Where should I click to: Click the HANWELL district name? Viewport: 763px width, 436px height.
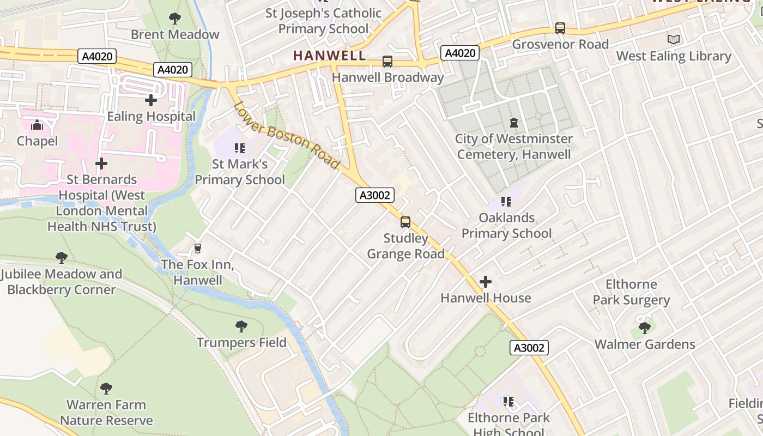[329, 55]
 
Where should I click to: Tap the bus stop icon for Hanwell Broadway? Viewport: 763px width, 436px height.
[387, 62]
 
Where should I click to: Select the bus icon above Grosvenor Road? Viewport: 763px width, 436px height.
[560, 28]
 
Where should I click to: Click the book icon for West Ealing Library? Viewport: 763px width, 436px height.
[674, 40]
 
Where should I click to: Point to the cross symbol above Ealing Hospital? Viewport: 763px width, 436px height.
[151, 100]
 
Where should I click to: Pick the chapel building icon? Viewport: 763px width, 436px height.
[37, 125]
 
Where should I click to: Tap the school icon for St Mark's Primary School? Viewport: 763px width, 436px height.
[239, 148]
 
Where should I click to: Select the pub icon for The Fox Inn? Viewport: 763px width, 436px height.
[198, 249]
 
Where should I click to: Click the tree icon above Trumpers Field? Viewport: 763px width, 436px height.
[241, 326]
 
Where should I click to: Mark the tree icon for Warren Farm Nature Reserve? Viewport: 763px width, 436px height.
[106, 389]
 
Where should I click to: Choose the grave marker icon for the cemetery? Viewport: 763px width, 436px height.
[514, 123]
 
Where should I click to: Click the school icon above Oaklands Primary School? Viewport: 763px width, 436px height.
[506, 202]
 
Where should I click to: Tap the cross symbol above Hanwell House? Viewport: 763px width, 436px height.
[485, 282]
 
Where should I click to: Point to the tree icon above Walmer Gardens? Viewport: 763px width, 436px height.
[644, 328]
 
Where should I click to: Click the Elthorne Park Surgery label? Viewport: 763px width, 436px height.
[631, 292]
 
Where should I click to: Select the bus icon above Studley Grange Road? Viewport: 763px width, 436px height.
[405, 222]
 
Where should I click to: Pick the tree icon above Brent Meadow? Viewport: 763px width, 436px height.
[175, 19]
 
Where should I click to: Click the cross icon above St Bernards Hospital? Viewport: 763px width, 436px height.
[101, 163]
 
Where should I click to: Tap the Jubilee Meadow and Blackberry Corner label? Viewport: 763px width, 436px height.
[61, 281]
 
